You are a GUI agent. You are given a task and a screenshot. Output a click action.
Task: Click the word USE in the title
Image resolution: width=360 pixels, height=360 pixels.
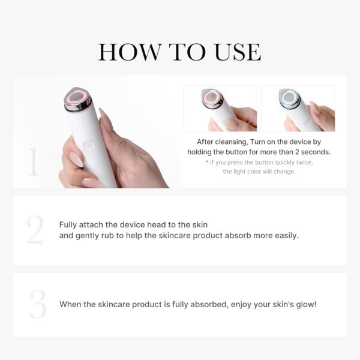point(234,52)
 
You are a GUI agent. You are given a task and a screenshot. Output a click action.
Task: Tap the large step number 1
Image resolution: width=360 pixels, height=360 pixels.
point(33,162)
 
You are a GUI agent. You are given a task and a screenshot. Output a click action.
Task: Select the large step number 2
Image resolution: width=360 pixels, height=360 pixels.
point(35,231)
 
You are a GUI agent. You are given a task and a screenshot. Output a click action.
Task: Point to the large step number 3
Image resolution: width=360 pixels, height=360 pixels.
point(37,305)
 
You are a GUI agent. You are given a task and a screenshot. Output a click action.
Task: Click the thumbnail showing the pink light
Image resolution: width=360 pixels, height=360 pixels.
point(220,108)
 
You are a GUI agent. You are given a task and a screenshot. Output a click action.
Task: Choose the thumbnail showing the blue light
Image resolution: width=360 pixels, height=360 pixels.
point(298,108)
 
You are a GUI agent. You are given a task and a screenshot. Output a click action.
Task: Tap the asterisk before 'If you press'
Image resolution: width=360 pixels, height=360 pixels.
point(207,163)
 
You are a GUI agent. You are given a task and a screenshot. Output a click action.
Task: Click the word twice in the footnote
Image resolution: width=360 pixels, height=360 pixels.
point(304,162)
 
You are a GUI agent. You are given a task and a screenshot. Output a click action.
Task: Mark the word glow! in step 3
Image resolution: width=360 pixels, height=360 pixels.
point(304,304)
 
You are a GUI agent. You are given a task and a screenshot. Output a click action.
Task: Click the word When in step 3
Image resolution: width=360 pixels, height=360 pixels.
point(70,304)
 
